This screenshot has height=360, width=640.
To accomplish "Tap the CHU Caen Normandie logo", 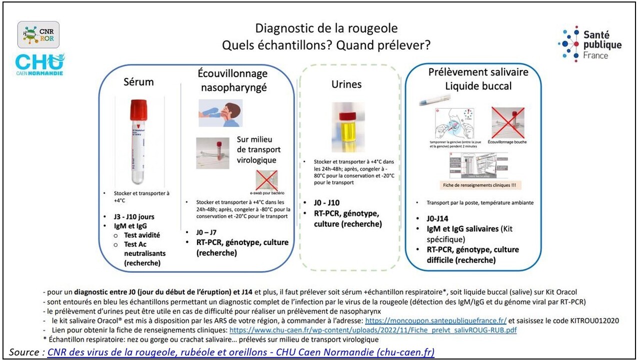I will pyautogui.click(x=39, y=64).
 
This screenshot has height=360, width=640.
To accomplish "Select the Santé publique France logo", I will pyautogui.click(x=589, y=43).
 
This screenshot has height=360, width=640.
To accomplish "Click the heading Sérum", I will pyautogui.click(x=138, y=81).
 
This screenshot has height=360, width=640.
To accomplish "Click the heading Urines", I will pyautogui.click(x=346, y=84).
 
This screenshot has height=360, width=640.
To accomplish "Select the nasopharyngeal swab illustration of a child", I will pyautogui.click(x=220, y=112).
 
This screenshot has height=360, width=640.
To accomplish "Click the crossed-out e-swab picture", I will pyautogui.click(x=266, y=180).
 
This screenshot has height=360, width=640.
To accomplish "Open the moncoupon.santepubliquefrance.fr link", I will pyautogui.click(x=435, y=320).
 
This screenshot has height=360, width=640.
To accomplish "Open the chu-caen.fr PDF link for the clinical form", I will pyautogui.click(x=372, y=330).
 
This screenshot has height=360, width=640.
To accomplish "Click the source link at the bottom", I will pyautogui.click(x=240, y=352).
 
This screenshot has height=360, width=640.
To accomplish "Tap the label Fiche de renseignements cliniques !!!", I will pyautogui.click(x=479, y=185).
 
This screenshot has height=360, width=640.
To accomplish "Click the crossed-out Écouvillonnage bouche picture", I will pyautogui.click(x=507, y=122).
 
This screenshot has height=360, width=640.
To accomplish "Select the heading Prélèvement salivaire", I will pyautogui.click(x=478, y=72).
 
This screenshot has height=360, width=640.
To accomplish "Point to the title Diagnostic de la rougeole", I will pyautogui.click(x=326, y=28).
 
